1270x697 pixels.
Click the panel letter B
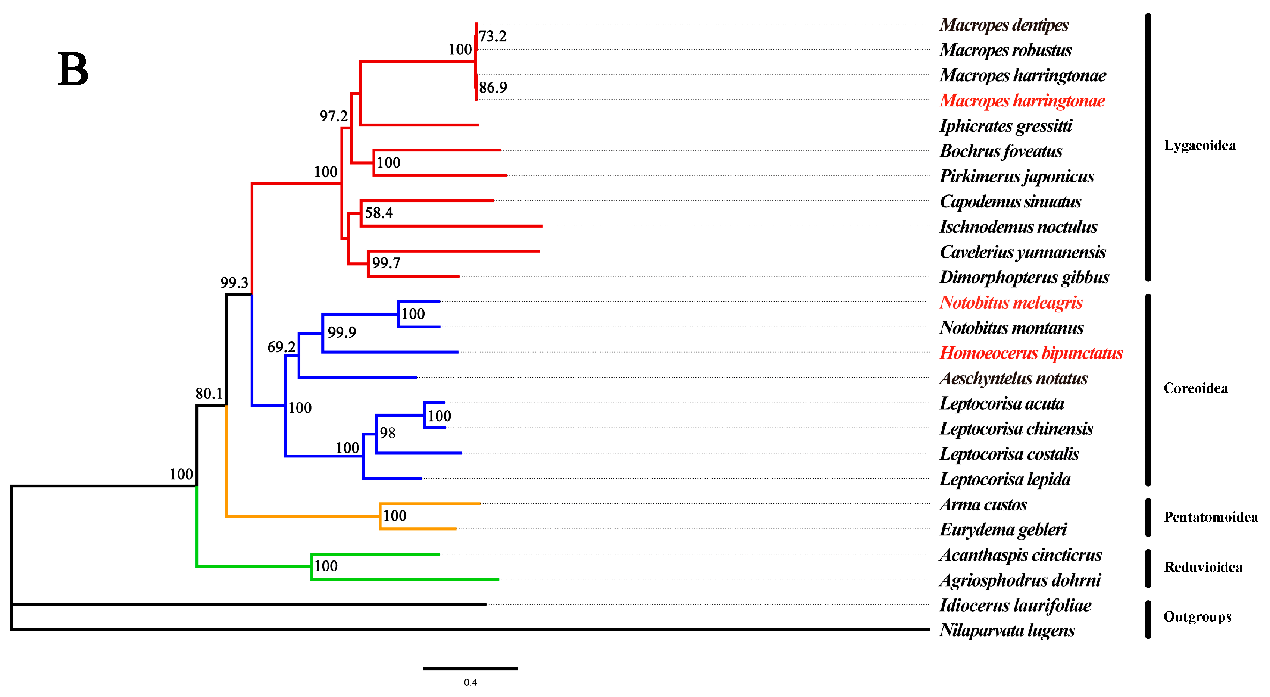tap(73, 69)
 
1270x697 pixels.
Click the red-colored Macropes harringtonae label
tap(1022, 100)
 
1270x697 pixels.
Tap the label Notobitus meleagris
tap(1010, 302)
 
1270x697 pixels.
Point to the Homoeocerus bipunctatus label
tap(1030, 353)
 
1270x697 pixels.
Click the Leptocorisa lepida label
tap(1004, 479)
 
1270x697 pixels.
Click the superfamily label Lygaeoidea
tap(1199, 146)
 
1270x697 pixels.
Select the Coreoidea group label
tap(1195, 388)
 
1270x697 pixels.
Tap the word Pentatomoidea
tap(1210, 517)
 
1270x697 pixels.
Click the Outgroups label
tap(1197, 617)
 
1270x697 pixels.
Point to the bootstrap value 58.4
tap(379, 213)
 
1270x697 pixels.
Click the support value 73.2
tap(492, 36)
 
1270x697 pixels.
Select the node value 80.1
tap(209, 393)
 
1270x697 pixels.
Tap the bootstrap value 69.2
tap(281, 347)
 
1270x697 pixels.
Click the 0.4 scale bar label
tap(470, 682)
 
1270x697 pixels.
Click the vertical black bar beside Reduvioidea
tap(1148, 568)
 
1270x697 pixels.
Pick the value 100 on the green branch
tap(326, 566)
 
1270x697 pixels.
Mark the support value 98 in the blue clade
tap(388, 433)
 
